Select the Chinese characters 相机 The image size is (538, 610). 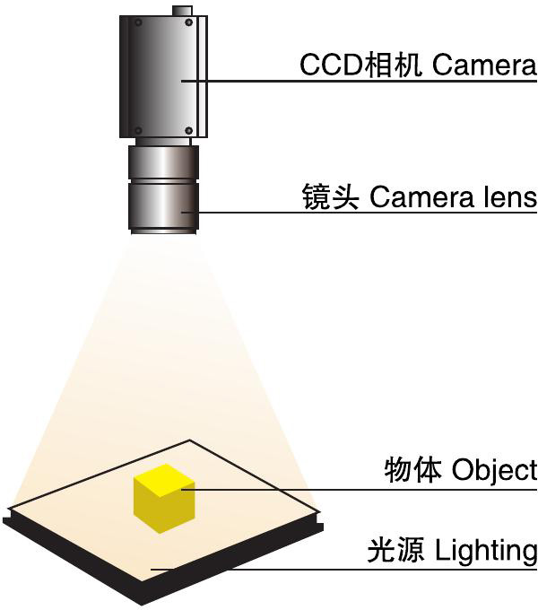pos(378,65)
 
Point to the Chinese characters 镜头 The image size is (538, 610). pos(332,197)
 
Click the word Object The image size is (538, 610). pos(494,468)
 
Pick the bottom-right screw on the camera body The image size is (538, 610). pos(188,131)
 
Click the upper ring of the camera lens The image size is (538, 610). pos(163,163)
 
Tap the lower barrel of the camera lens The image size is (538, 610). pos(163,210)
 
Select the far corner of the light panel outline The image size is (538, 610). pos(190,440)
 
